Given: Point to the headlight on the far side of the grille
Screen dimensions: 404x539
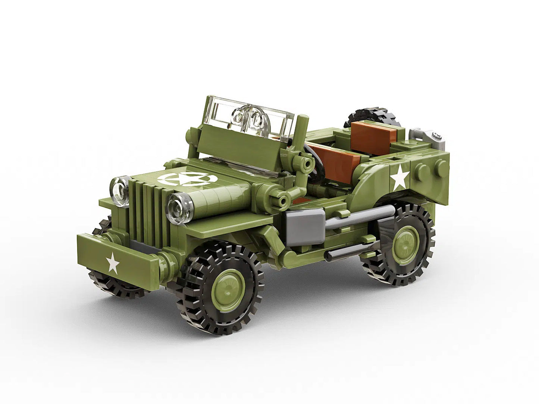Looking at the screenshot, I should coord(119,186).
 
